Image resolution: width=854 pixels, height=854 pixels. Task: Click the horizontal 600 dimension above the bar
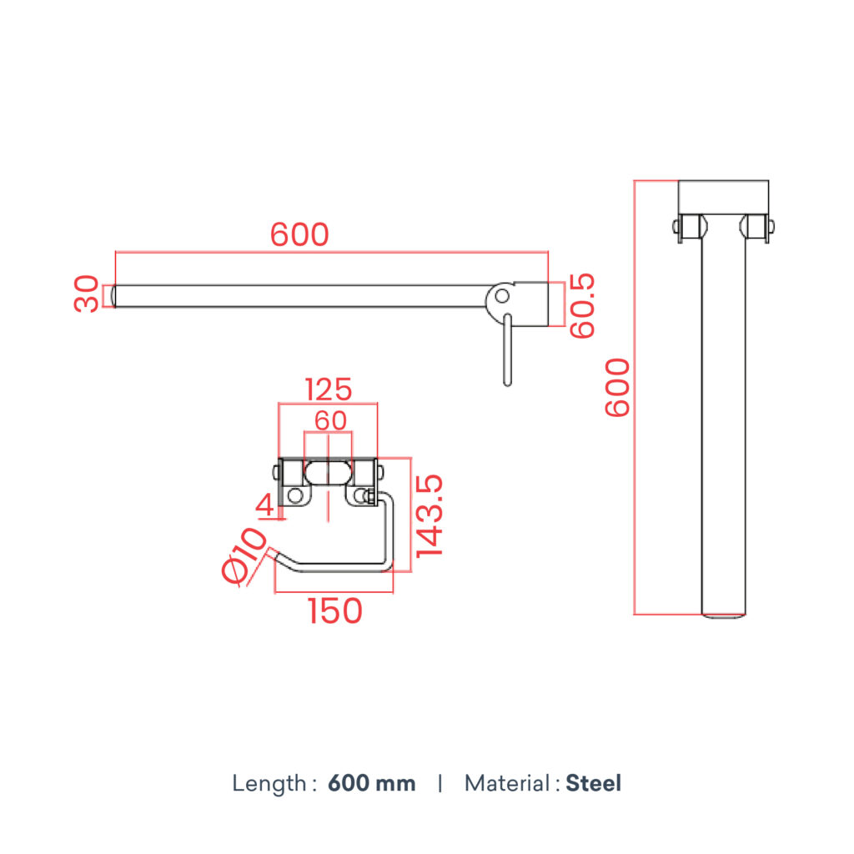coord(299,234)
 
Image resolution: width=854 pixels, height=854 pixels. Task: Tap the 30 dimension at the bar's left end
coord(87,294)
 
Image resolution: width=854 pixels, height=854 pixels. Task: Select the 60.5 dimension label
coord(582,305)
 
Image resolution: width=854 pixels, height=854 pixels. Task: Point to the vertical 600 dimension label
coord(618,387)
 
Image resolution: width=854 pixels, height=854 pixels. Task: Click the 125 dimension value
coord(328,390)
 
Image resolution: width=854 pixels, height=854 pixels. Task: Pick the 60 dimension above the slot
coord(330,420)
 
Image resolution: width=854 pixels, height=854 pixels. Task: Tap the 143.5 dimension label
coord(430,516)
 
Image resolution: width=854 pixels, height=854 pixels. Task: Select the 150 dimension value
coord(335,611)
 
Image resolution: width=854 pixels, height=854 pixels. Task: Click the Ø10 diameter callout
coord(244,555)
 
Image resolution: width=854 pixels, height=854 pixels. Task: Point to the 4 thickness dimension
coord(264,505)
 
